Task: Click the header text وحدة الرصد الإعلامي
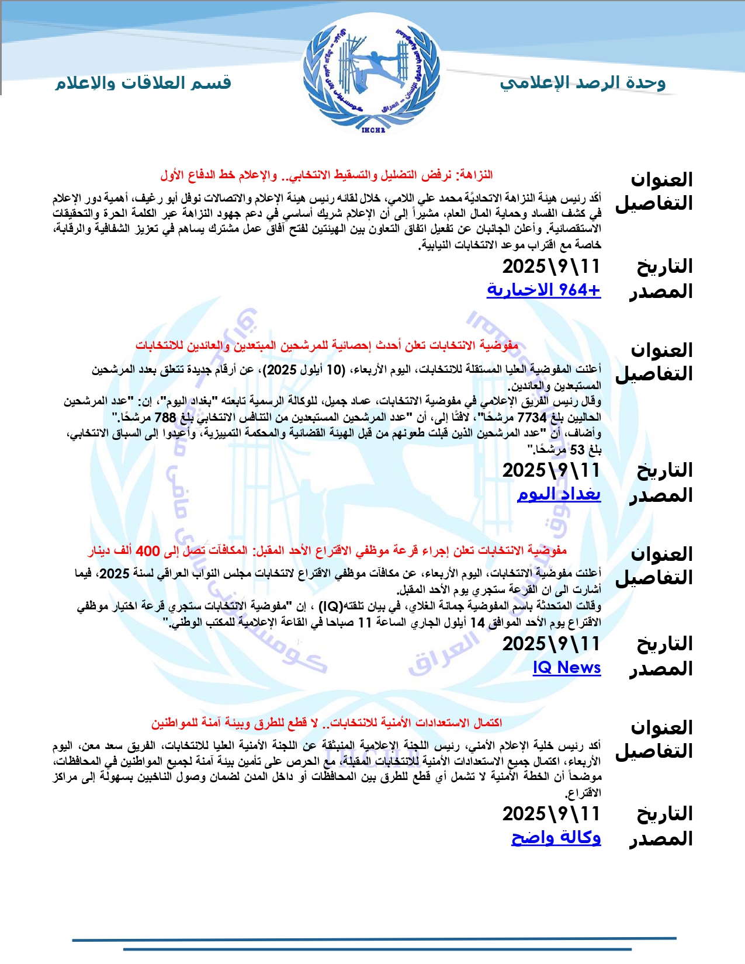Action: pyautogui.click(x=583, y=83)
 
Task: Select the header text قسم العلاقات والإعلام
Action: pyautogui.click(x=143, y=83)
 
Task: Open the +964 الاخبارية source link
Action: pyautogui.click(x=543, y=290)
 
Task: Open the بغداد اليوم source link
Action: pyautogui.click(x=559, y=494)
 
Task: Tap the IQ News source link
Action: pyautogui.click(x=567, y=667)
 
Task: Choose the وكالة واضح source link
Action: pyautogui.click(x=556, y=837)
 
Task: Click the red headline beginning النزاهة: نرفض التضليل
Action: pyautogui.click(x=327, y=175)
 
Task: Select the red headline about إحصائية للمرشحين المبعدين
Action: pyautogui.click(x=327, y=345)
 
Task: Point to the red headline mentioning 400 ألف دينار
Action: pyautogui.click(x=327, y=550)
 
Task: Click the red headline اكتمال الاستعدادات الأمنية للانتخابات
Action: pyautogui.click(x=327, y=723)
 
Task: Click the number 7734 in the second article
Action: pyautogui.click(x=532, y=418)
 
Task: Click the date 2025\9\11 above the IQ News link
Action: pyautogui.click(x=551, y=644)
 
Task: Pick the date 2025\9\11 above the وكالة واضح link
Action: pyautogui.click(x=551, y=814)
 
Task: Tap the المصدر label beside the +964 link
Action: pyautogui.click(x=660, y=291)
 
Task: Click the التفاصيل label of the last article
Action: pyautogui.click(x=654, y=751)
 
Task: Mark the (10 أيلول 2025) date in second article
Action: pyautogui.click(x=303, y=370)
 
